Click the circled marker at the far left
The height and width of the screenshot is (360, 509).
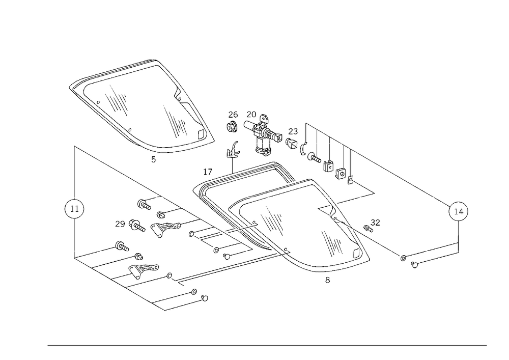74,209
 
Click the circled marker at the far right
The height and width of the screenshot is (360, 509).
458,211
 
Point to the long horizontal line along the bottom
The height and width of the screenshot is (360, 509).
267,345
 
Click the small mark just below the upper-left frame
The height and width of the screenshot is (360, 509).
154,162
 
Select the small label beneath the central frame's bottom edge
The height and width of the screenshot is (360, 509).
326,279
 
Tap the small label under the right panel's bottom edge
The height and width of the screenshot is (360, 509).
415,265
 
